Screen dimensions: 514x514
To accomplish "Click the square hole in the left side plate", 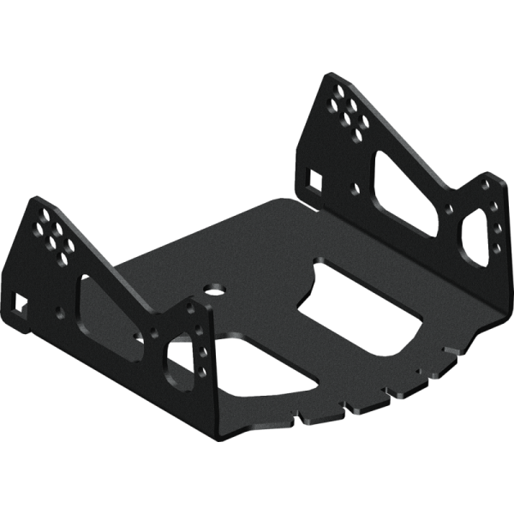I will click(20, 302).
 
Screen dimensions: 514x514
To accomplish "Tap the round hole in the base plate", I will click(212, 290).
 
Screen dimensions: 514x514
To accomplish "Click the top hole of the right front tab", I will click(486, 184).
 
